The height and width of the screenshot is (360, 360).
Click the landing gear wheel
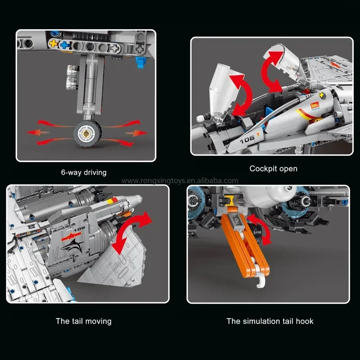pyautogui.click(x=86, y=133)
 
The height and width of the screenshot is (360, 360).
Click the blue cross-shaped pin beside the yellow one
pyautogui.click(x=66, y=44)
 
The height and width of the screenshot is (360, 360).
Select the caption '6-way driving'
pyautogui.click(x=84, y=172)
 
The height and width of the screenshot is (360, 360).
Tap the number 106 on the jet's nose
pyautogui.click(x=247, y=139)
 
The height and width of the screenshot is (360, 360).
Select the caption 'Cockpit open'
pyautogui.click(x=273, y=169)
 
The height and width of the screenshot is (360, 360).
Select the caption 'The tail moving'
pyautogui.click(x=84, y=321)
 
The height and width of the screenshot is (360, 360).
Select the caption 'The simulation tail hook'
pyautogui.click(x=270, y=321)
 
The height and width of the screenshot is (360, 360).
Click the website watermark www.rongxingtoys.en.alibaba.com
pyautogui.click(x=180, y=181)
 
